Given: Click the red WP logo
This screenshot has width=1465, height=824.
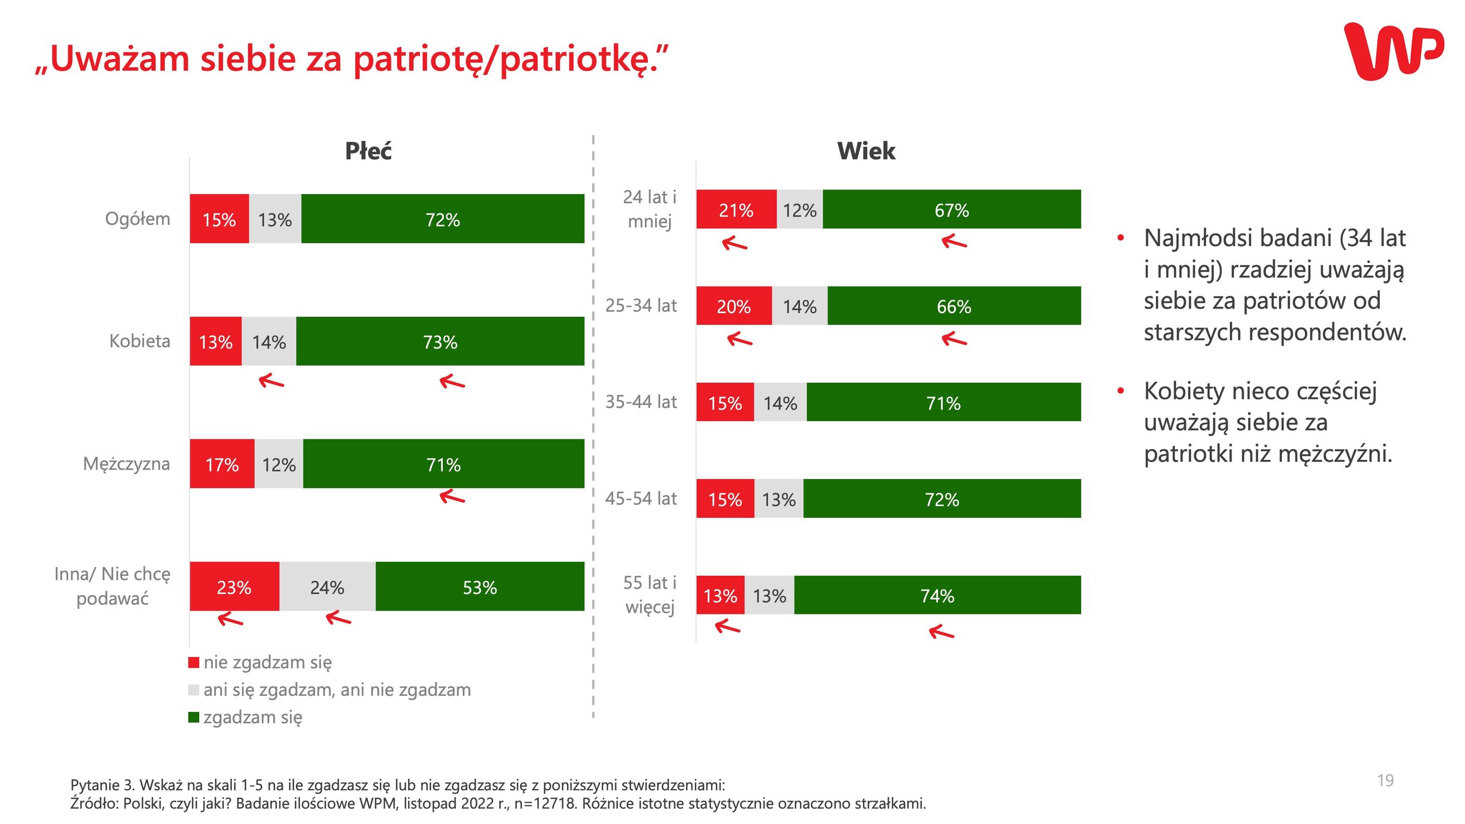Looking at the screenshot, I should [x=1393, y=51].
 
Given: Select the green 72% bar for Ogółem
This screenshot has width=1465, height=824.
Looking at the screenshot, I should [x=442, y=219].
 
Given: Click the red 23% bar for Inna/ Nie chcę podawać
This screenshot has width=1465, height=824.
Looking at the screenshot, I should [x=234, y=587].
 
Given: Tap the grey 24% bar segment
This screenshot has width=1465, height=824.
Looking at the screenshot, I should [x=327, y=587].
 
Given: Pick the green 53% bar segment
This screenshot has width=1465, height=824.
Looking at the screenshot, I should [x=480, y=587].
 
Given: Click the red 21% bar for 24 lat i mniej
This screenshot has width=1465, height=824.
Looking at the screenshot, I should [x=736, y=209].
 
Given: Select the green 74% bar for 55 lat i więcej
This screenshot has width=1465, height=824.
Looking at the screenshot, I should [x=937, y=595].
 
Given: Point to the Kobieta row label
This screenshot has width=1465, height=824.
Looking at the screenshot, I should [x=140, y=341].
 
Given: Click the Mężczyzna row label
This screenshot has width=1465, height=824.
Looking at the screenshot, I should [x=126, y=463].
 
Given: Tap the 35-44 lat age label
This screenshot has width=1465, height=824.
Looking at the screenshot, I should [x=641, y=402].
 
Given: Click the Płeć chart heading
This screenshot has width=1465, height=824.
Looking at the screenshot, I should [x=368, y=151].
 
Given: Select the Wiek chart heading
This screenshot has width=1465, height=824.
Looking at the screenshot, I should [x=866, y=151].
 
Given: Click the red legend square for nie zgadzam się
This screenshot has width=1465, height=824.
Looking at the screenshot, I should [x=193, y=662].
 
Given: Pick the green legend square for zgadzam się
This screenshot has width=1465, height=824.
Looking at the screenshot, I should [x=193, y=717].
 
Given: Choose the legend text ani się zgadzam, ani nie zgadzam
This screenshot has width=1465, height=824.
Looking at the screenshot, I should [x=337, y=690].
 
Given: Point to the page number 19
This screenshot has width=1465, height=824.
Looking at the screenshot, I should [x=1385, y=781].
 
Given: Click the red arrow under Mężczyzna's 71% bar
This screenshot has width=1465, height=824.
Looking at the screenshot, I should [x=452, y=497].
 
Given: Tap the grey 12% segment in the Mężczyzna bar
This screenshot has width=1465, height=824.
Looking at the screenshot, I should [x=279, y=464].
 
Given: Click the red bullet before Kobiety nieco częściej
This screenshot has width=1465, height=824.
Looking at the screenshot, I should [x=1120, y=391].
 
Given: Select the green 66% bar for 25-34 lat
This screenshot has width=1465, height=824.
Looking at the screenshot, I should [x=954, y=306].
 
